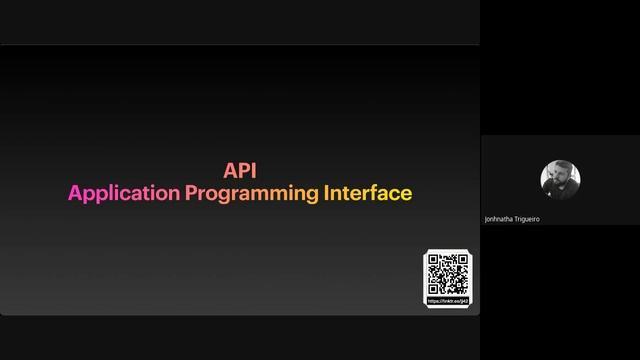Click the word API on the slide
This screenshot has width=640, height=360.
click(240, 172)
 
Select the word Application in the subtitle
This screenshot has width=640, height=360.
click(124, 193)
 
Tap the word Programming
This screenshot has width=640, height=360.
click(251, 194)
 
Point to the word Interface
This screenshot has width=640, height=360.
click(367, 193)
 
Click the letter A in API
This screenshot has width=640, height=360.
click(229, 172)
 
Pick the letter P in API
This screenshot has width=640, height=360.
click(242, 172)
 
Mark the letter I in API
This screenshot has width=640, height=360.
click(253, 172)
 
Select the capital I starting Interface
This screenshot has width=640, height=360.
click(326, 193)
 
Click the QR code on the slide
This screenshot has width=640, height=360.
click(447, 274)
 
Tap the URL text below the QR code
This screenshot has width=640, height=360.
click(447, 300)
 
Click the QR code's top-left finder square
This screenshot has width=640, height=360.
click(434, 262)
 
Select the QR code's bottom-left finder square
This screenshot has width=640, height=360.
click(434, 288)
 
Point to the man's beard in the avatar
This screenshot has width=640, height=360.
click(559, 187)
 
